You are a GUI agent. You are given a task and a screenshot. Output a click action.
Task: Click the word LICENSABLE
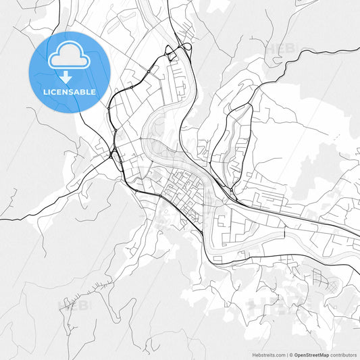70,92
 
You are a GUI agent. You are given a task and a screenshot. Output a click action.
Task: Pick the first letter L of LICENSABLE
45,92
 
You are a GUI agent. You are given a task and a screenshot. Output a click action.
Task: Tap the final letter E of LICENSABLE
93,92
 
